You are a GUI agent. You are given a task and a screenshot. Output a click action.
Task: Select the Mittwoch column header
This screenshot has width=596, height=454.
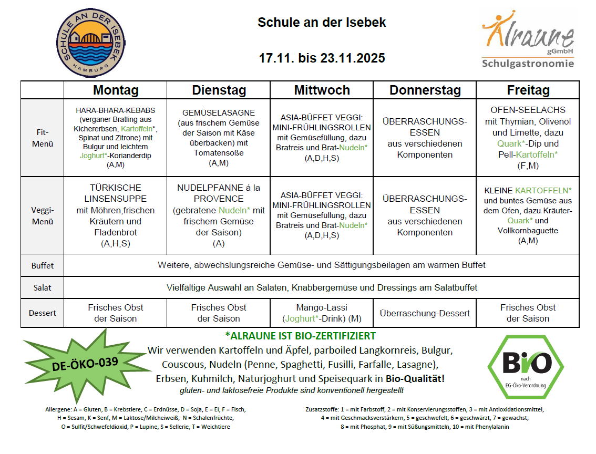(x=322, y=90)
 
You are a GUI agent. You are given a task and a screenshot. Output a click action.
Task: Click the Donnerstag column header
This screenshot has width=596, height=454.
(x=425, y=90)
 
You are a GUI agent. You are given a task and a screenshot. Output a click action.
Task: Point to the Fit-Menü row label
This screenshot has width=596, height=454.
(x=43, y=138)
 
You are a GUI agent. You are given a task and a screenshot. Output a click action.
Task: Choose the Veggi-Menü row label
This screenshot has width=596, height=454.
(x=43, y=215)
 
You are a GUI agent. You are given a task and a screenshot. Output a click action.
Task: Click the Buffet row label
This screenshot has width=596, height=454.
(x=43, y=265)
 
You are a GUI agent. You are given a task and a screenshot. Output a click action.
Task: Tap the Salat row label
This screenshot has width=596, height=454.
(x=43, y=288)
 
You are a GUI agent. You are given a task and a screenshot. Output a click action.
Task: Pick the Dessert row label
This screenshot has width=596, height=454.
(x=43, y=313)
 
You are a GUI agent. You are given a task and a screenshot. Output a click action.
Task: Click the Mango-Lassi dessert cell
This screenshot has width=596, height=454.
(x=322, y=313)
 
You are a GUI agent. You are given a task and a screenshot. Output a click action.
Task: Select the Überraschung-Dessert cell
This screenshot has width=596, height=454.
(x=425, y=313)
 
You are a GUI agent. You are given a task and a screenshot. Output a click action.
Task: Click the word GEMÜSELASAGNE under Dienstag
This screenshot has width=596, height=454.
(x=219, y=113)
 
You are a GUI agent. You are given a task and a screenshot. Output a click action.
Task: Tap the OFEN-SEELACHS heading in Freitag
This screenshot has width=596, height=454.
(x=528, y=110)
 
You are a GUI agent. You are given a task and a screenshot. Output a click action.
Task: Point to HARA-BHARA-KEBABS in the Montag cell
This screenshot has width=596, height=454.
(x=116, y=111)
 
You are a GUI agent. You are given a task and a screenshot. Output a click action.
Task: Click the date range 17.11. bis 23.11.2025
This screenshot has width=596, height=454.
(x=322, y=58)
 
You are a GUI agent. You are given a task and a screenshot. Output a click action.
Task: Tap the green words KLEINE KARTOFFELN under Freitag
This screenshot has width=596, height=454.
(x=528, y=190)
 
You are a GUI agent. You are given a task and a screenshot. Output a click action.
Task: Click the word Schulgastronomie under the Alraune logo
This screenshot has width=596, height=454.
(x=527, y=64)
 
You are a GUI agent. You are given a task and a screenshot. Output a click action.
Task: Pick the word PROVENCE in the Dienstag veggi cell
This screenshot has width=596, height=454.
(x=219, y=199)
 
